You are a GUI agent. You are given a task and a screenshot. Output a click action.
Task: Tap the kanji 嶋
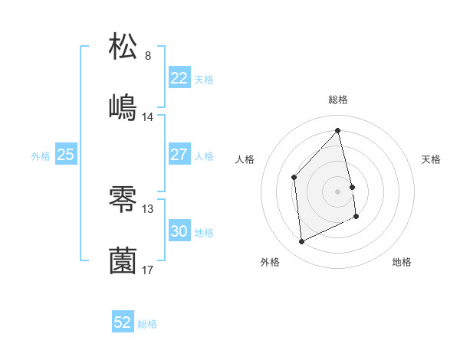click(123, 107)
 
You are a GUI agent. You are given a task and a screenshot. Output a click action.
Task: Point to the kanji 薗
click(123, 260)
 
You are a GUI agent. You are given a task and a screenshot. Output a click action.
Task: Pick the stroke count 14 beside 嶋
click(148, 117)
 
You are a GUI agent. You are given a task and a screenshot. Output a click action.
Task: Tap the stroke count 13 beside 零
click(148, 208)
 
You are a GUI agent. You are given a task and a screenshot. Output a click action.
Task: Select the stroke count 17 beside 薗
click(148, 270)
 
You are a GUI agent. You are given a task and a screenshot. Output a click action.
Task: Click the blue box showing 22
click(179, 78)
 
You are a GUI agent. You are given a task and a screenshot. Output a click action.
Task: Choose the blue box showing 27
click(179, 155)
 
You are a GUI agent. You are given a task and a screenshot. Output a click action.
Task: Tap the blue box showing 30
click(179, 231)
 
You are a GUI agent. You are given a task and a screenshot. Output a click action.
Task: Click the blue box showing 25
click(65, 155)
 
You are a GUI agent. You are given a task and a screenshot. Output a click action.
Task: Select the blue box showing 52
click(123, 322)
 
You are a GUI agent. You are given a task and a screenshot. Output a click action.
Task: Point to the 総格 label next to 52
click(147, 324)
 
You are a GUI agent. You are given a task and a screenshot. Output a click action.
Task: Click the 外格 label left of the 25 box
click(41, 156)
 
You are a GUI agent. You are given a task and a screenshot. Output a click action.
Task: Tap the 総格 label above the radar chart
click(338, 100)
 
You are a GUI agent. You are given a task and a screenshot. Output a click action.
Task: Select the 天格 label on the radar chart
click(432, 159)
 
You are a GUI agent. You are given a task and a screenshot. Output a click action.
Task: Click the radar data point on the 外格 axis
click(301, 242)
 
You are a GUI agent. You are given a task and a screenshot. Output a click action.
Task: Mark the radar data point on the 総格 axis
click(338, 130)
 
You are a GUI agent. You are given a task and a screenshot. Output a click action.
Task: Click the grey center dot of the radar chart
click(338, 191)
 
